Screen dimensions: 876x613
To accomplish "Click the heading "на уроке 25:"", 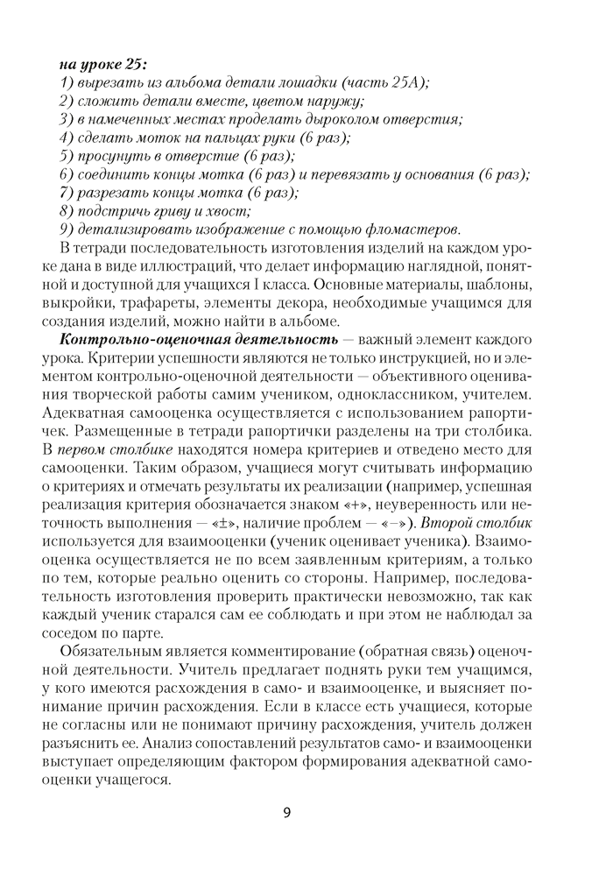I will click(x=102, y=64).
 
